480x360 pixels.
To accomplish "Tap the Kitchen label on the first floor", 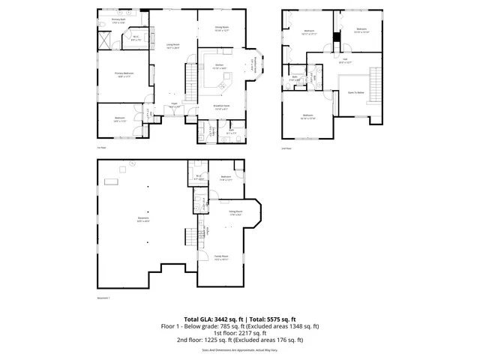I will pos(220,67).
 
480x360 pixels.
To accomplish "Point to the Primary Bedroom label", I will pos(123,74).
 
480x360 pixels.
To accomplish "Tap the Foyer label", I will pos(174,105).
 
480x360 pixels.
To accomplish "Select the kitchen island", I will pos(222,86).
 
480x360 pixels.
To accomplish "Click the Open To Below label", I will pos(355,92).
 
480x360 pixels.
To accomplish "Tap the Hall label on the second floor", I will pos(345,61).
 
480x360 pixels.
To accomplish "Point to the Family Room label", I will pos(220,257).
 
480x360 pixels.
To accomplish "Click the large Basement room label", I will pos(142,220).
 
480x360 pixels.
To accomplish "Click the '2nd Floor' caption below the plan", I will pos(286,148).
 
